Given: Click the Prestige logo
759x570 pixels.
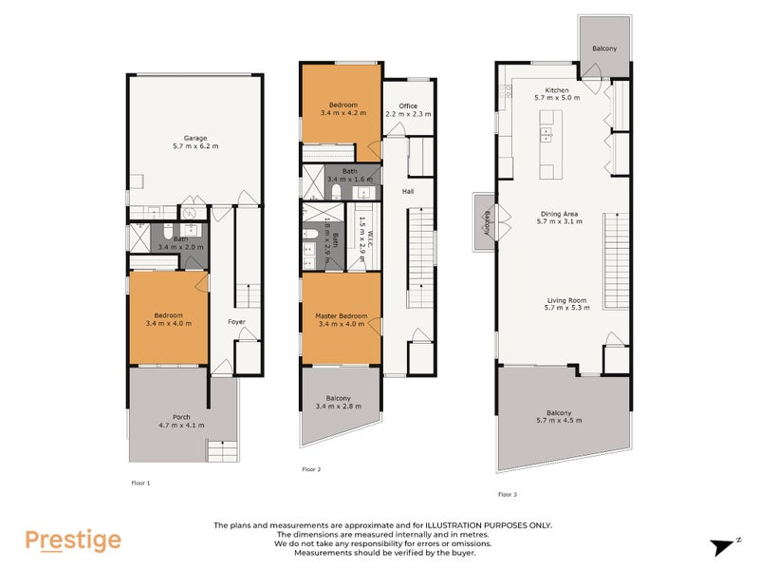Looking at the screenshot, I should pyautogui.click(x=73, y=541).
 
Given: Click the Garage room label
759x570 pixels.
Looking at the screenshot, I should pyautogui.click(x=194, y=138).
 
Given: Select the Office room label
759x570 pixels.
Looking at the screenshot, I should pyautogui.click(x=408, y=106).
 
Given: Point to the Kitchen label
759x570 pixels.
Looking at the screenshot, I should pyautogui.click(x=557, y=90).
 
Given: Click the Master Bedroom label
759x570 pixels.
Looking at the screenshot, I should pyautogui.click(x=341, y=314).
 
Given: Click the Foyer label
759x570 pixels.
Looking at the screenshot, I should pyautogui.click(x=236, y=322).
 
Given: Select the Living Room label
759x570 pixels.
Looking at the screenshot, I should pyautogui.click(x=567, y=300).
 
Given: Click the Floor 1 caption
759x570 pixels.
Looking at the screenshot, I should pyautogui.click(x=140, y=483).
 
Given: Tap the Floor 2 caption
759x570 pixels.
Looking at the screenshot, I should pyautogui.click(x=311, y=469).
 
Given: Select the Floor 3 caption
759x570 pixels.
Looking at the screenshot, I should pyautogui.click(x=508, y=494).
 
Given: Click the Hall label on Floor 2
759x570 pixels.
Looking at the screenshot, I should pyautogui.click(x=408, y=192).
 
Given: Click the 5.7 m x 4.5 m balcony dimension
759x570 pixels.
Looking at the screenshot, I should pyautogui.click(x=559, y=421).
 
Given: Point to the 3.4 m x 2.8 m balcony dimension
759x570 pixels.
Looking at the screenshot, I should pyautogui.click(x=341, y=407).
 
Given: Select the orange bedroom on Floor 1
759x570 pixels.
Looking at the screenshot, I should pyautogui.click(x=168, y=318).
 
